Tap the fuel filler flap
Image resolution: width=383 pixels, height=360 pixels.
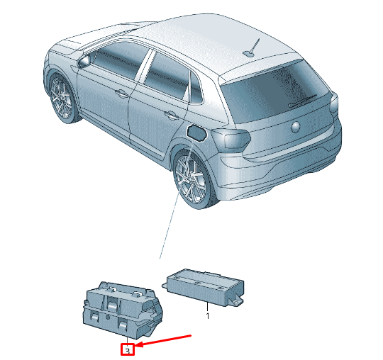196,133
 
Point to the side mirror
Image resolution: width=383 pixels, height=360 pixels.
84,61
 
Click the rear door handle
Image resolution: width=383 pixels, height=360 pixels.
172,115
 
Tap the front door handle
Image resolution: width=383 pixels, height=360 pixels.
121,94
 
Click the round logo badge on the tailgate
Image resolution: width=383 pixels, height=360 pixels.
296,127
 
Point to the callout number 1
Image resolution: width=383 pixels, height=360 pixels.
208,316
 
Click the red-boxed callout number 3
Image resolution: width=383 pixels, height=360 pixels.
128,349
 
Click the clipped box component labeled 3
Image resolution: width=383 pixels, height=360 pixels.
122,310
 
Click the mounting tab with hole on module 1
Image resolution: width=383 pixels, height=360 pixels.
236,302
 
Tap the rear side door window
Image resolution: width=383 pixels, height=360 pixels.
165,76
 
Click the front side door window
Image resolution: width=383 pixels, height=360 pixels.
119,60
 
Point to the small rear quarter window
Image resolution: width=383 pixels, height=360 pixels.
196,89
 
